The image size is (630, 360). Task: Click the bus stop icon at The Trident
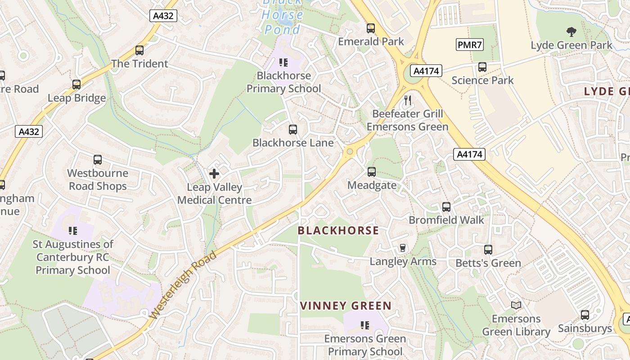click(x=139, y=50)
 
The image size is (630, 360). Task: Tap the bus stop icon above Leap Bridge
click(x=76, y=84)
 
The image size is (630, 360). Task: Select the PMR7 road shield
click(x=470, y=45)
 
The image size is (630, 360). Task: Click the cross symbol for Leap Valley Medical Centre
click(x=214, y=173)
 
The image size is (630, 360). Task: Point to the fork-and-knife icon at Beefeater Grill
click(x=408, y=100)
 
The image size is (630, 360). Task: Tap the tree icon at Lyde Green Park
click(x=571, y=32)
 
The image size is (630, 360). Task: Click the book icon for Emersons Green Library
click(x=516, y=305)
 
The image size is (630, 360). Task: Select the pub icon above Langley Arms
click(x=403, y=248)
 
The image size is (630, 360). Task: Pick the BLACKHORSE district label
click(x=338, y=230)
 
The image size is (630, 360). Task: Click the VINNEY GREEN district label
click(x=346, y=306)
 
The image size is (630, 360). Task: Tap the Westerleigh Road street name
click(x=184, y=285)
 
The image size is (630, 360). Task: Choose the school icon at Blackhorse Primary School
click(x=283, y=62)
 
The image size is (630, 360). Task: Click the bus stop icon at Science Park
click(x=482, y=67)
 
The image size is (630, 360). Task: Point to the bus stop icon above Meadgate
click(x=372, y=171)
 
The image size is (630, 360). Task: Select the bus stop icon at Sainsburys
click(x=585, y=315)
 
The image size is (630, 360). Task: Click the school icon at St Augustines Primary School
click(x=73, y=231)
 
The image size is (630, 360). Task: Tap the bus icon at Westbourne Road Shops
click(x=98, y=160)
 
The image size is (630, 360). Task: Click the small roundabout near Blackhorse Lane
click(x=349, y=152)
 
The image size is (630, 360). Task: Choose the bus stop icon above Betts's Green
click(x=488, y=250)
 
